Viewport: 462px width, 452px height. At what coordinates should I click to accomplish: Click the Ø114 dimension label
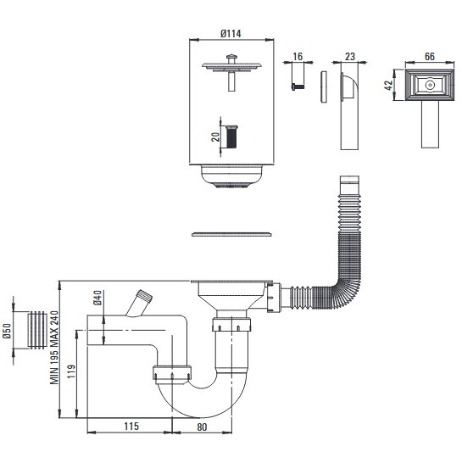[231, 34]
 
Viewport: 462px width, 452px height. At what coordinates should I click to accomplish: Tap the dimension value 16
[298, 56]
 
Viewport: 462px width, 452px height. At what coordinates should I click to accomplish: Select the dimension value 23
[350, 56]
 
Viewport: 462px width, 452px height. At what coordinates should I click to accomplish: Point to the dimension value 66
[430, 56]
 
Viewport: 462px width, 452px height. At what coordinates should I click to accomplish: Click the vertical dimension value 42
[389, 85]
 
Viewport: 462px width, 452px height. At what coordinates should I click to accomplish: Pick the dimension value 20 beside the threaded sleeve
[215, 137]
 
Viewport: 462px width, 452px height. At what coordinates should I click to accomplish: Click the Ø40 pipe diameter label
[97, 298]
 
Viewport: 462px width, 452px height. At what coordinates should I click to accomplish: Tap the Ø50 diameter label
[7, 331]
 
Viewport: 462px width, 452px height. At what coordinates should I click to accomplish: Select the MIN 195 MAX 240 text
[54, 348]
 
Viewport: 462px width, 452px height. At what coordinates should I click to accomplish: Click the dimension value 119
[71, 371]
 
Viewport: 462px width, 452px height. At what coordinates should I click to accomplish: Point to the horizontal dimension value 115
[131, 426]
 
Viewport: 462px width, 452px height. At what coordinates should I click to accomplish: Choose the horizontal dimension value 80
[202, 427]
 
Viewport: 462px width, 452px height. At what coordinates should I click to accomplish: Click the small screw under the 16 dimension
[298, 86]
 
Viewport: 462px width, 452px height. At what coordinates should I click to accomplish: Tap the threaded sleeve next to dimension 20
[231, 137]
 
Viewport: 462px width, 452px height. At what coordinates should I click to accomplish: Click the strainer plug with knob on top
[231, 72]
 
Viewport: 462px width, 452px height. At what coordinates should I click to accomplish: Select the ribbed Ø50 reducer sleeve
[37, 330]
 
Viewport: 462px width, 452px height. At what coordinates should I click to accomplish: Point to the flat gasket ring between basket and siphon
[231, 235]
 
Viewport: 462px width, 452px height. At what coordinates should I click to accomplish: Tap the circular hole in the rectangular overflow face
[430, 85]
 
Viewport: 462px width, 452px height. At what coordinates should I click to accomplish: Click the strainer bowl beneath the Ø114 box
[231, 176]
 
